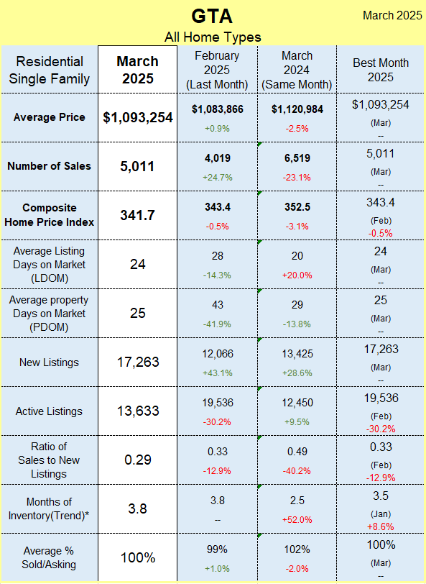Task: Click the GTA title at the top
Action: coord(212,16)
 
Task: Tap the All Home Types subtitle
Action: coord(213,37)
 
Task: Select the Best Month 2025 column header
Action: coord(381,70)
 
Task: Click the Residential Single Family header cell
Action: coord(49,70)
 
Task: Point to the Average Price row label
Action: coord(49,117)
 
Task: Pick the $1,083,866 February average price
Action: coord(218,109)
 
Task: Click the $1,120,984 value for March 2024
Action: coord(297,109)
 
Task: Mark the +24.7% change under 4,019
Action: coord(218,178)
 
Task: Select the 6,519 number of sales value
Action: coord(297,158)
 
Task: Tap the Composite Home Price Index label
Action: coord(49,215)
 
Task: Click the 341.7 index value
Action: coord(138,215)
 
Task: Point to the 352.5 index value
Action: coord(297,207)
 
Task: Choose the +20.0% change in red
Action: coord(297,275)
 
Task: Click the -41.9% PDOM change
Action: coord(218,324)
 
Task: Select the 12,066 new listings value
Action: coord(218,354)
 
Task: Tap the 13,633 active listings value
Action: coord(138,411)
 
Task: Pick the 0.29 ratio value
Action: coord(138,460)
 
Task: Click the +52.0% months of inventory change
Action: coord(297,520)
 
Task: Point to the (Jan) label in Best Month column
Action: coord(381,514)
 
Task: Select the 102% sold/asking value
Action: coord(297,549)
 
